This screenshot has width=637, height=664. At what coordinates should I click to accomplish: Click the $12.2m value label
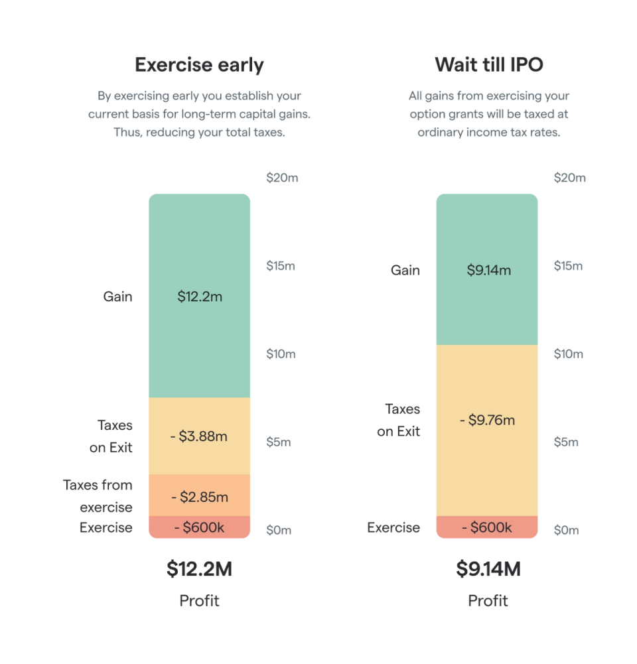pyautogui.click(x=199, y=297)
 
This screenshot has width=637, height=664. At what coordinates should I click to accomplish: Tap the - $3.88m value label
pyautogui.click(x=199, y=436)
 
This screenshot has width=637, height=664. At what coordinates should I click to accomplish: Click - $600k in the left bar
pyautogui.click(x=199, y=528)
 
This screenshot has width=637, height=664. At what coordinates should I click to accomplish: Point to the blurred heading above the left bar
pyautogui.click(x=199, y=65)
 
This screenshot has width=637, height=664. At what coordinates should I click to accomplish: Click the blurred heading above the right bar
pyautogui.click(x=490, y=65)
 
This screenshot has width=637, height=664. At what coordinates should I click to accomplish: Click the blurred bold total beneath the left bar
pyautogui.click(x=199, y=569)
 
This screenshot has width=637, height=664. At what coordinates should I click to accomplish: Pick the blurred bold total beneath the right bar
pyautogui.click(x=488, y=569)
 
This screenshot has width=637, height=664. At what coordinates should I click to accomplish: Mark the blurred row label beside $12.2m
pyautogui.click(x=119, y=297)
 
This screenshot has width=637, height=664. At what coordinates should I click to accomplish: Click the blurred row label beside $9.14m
pyautogui.click(x=404, y=271)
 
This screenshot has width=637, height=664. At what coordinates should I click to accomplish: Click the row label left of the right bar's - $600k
pyautogui.click(x=394, y=527)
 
